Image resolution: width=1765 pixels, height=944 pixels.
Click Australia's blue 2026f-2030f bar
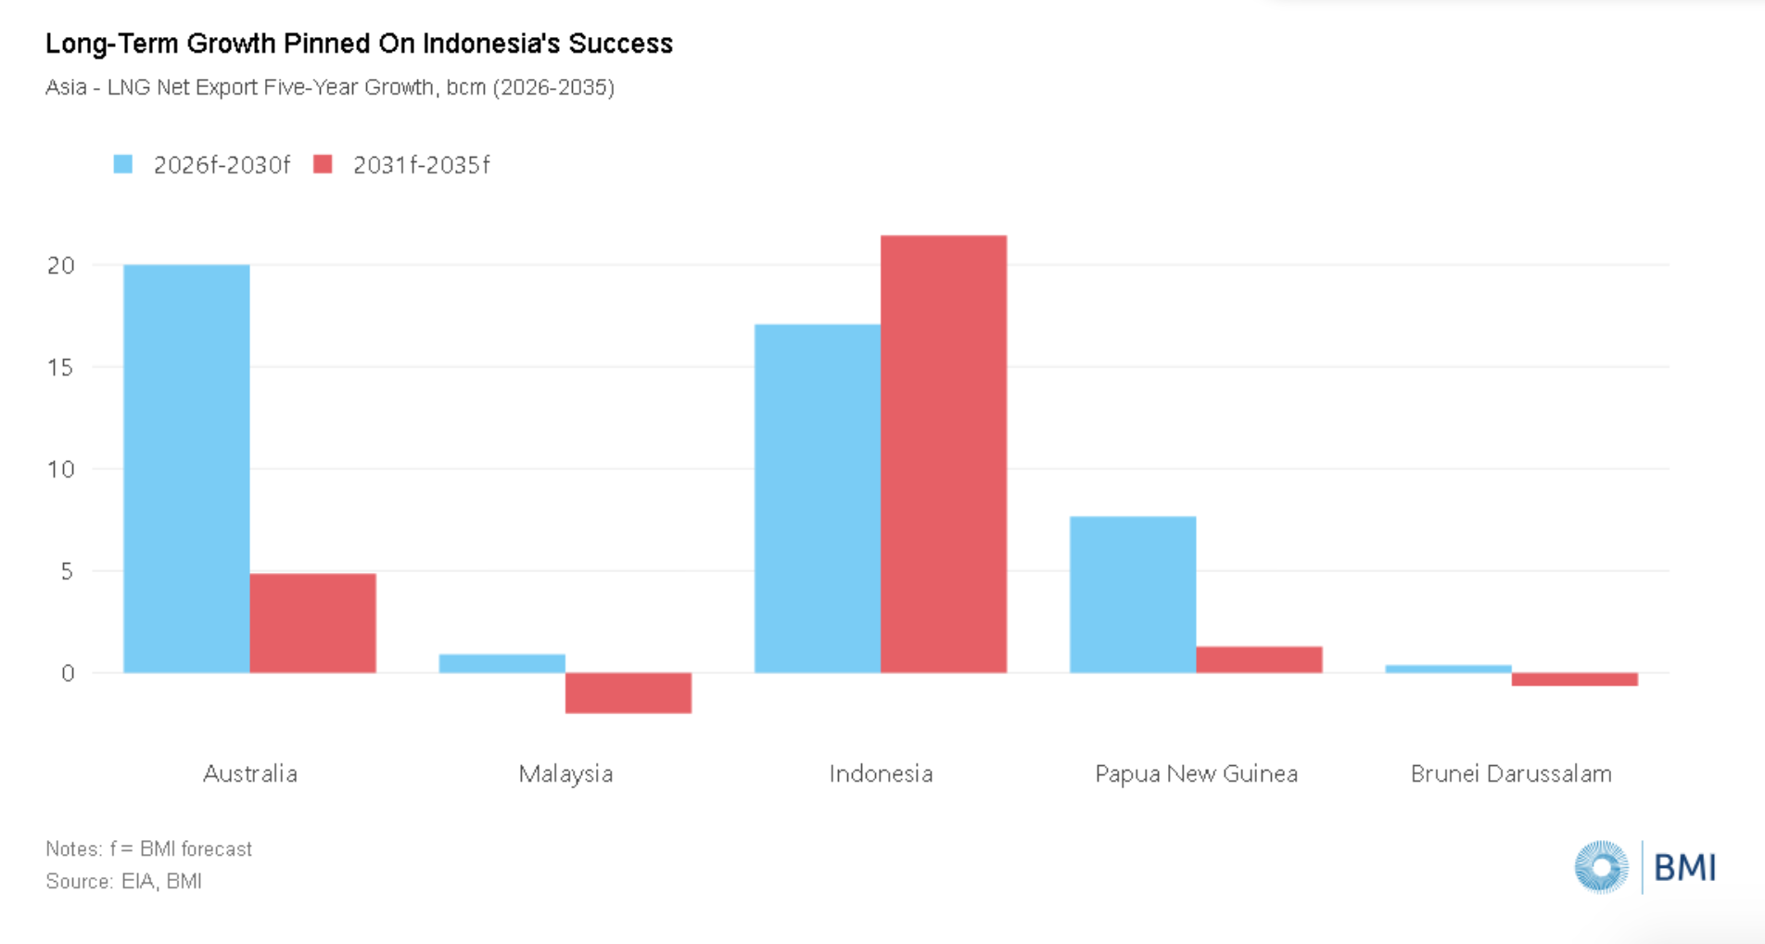(186, 468)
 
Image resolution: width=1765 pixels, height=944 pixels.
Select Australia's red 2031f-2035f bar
(312, 623)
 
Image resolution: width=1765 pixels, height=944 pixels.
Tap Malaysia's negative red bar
(628, 693)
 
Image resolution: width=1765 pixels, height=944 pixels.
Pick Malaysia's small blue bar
(502, 663)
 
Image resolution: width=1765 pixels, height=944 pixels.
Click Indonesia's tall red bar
(943, 454)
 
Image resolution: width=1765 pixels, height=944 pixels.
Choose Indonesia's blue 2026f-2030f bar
(817, 498)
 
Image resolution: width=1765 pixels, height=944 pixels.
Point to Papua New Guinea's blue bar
(1132, 594)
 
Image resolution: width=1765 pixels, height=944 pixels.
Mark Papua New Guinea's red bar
(1258, 659)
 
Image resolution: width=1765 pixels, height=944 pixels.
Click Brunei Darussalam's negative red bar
(1574, 679)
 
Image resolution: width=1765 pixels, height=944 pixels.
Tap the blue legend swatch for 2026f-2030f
(123, 164)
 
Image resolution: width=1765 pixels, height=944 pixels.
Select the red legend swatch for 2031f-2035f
(323, 164)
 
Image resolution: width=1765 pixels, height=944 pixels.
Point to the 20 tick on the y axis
(61, 265)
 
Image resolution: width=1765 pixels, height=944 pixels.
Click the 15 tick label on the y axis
(61, 367)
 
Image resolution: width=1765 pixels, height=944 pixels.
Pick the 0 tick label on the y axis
(68, 673)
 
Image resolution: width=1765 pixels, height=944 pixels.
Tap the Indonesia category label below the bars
(881, 773)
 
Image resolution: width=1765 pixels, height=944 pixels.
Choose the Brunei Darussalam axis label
(1511, 773)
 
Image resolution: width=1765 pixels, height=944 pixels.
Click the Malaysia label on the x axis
(565, 773)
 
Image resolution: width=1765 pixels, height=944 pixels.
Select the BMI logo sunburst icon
(1601, 867)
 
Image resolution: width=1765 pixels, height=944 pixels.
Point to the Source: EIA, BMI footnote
(123, 881)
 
